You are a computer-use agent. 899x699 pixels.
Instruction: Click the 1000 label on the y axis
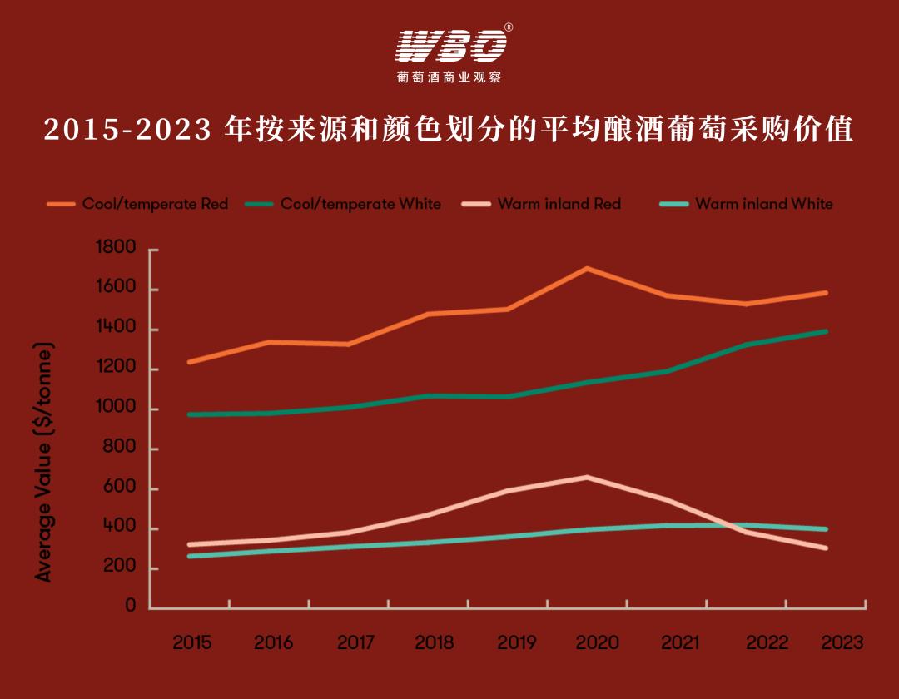tap(118, 409)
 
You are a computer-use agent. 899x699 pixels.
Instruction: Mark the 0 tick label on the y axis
tap(130, 607)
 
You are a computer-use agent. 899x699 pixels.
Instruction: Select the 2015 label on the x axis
tap(191, 643)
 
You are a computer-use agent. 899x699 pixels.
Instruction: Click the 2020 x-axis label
tap(597, 643)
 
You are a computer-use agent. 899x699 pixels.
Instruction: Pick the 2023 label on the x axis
tap(842, 643)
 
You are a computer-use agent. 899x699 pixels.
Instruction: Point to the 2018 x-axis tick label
tap(434, 643)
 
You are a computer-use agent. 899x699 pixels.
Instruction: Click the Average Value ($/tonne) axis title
tap(43, 462)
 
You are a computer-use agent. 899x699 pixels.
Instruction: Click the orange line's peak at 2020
tap(587, 269)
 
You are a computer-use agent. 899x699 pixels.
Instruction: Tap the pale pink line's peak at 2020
tap(587, 478)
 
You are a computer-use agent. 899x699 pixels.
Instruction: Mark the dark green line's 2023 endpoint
tap(826, 331)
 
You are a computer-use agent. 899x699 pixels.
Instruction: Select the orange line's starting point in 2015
tap(190, 362)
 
